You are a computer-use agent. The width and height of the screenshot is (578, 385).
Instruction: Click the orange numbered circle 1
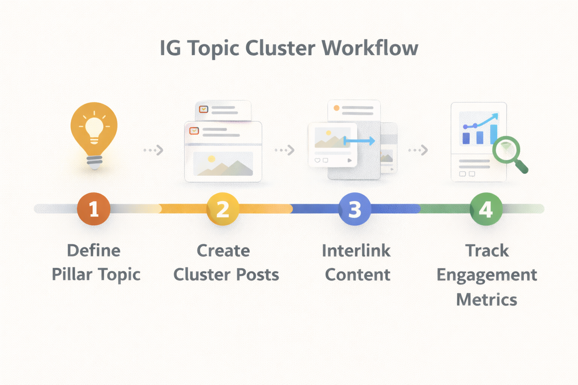pyautogui.click(x=94, y=209)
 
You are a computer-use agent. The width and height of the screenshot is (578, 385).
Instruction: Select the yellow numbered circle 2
pyautogui.click(x=223, y=209)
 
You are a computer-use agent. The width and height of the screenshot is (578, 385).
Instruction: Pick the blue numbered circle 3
pyautogui.click(x=355, y=209)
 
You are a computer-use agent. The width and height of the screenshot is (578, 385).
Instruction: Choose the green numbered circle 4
pyautogui.click(x=486, y=209)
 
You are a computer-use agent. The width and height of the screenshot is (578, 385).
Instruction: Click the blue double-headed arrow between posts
pyautogui.click(x=359, y=141)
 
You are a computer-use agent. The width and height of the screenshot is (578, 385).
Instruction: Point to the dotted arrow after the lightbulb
pyautogui.click(x=154, y=150)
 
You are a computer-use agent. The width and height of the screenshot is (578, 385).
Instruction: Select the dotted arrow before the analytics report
pyautogui.click(x=418, y=150)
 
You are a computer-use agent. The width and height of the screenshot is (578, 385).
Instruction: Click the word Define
pyautogui.click(x=94, y=250)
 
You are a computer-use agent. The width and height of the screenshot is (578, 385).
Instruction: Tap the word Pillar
pyautogui.click(x=72, y=274)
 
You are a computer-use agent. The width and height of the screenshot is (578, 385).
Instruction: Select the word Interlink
pyautogui.click(x=356, y=251)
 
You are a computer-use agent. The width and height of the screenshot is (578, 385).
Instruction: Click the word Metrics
pyautogui.click(x=487, y=300)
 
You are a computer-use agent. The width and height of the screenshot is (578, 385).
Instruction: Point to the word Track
pyautogui.click(x=487, y=251)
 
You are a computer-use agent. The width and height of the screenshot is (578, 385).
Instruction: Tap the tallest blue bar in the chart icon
pyautogui.click(x=494, y=134)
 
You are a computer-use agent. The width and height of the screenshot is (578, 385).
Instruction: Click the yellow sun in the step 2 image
pyautogui.click(x=211, y=159)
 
